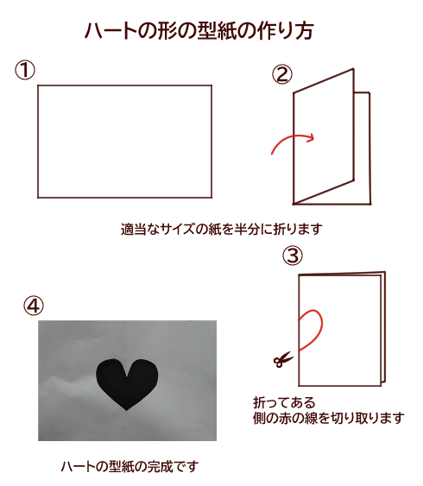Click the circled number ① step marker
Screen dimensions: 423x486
(25, 70)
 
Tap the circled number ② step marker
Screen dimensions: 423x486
(282, 75)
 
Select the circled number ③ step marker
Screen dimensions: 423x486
(293, 256)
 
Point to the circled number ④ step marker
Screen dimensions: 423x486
(34, 306)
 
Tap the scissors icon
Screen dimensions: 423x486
(283, 360)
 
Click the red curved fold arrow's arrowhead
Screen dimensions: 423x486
(311, 138)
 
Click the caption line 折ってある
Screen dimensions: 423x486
(284, 402)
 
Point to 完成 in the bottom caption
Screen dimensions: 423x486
(160, 466)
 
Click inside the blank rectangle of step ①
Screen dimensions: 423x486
(125, 142)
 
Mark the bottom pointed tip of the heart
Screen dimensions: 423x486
(126, 411)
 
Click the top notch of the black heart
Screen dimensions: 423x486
(127, 376)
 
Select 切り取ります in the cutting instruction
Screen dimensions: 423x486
(368, 418)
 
